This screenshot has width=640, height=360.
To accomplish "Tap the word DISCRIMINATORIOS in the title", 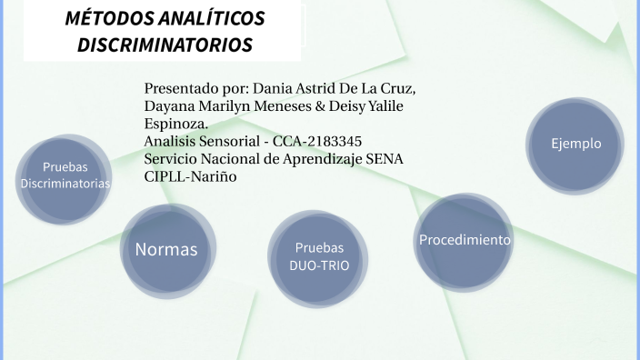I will coord(165,45).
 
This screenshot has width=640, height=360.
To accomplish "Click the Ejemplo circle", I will coord(575,145).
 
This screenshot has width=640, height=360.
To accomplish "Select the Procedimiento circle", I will coord(464,241).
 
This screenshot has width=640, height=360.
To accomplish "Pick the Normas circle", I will coord(166,249).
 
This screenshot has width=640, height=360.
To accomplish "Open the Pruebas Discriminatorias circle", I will coord(65,175).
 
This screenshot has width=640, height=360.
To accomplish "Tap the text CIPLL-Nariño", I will coord(190,176).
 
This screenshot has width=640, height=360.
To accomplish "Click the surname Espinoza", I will coord(175,125).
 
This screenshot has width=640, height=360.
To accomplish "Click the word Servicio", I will coord(172,159).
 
